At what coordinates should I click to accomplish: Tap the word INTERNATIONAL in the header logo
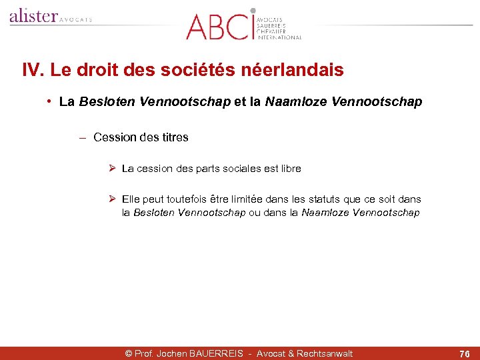click(279, 37)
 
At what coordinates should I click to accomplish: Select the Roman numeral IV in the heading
click(31, 70)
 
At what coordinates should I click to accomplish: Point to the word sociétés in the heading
click(213, 70)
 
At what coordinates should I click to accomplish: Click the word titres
click(175, 137)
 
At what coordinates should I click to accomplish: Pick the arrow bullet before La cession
click(113, 169)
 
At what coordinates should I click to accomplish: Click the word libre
click(291, 169)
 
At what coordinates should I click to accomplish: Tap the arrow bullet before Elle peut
click(113, 199)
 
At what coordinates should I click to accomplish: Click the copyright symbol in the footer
click(129, 354)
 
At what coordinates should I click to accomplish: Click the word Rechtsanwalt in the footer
click(325, 354)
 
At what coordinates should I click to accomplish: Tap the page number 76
click(465, 354)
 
